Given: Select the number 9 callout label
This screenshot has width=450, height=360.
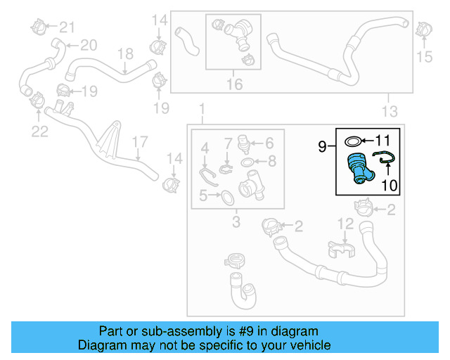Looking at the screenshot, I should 321,147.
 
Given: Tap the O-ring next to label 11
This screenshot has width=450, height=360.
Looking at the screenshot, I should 356,141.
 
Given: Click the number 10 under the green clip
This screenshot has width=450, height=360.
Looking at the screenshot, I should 389,186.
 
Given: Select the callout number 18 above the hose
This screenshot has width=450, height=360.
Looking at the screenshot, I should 124,53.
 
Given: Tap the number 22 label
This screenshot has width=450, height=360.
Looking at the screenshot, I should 39,131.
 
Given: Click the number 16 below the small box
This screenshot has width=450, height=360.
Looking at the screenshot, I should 234,84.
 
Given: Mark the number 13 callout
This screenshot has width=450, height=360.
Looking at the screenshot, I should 389,111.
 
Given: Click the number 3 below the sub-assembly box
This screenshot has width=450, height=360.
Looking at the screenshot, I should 236,223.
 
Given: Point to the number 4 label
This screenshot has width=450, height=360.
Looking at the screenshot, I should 205,148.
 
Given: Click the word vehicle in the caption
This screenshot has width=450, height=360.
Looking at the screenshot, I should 309,346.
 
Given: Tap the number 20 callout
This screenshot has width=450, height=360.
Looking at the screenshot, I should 88,46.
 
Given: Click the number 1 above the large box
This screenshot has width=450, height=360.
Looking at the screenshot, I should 202,110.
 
